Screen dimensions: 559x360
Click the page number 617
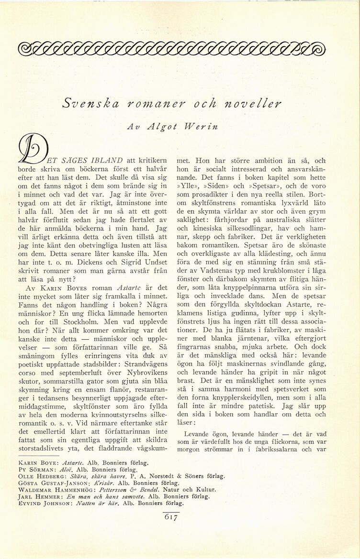(x=170, y=517)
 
